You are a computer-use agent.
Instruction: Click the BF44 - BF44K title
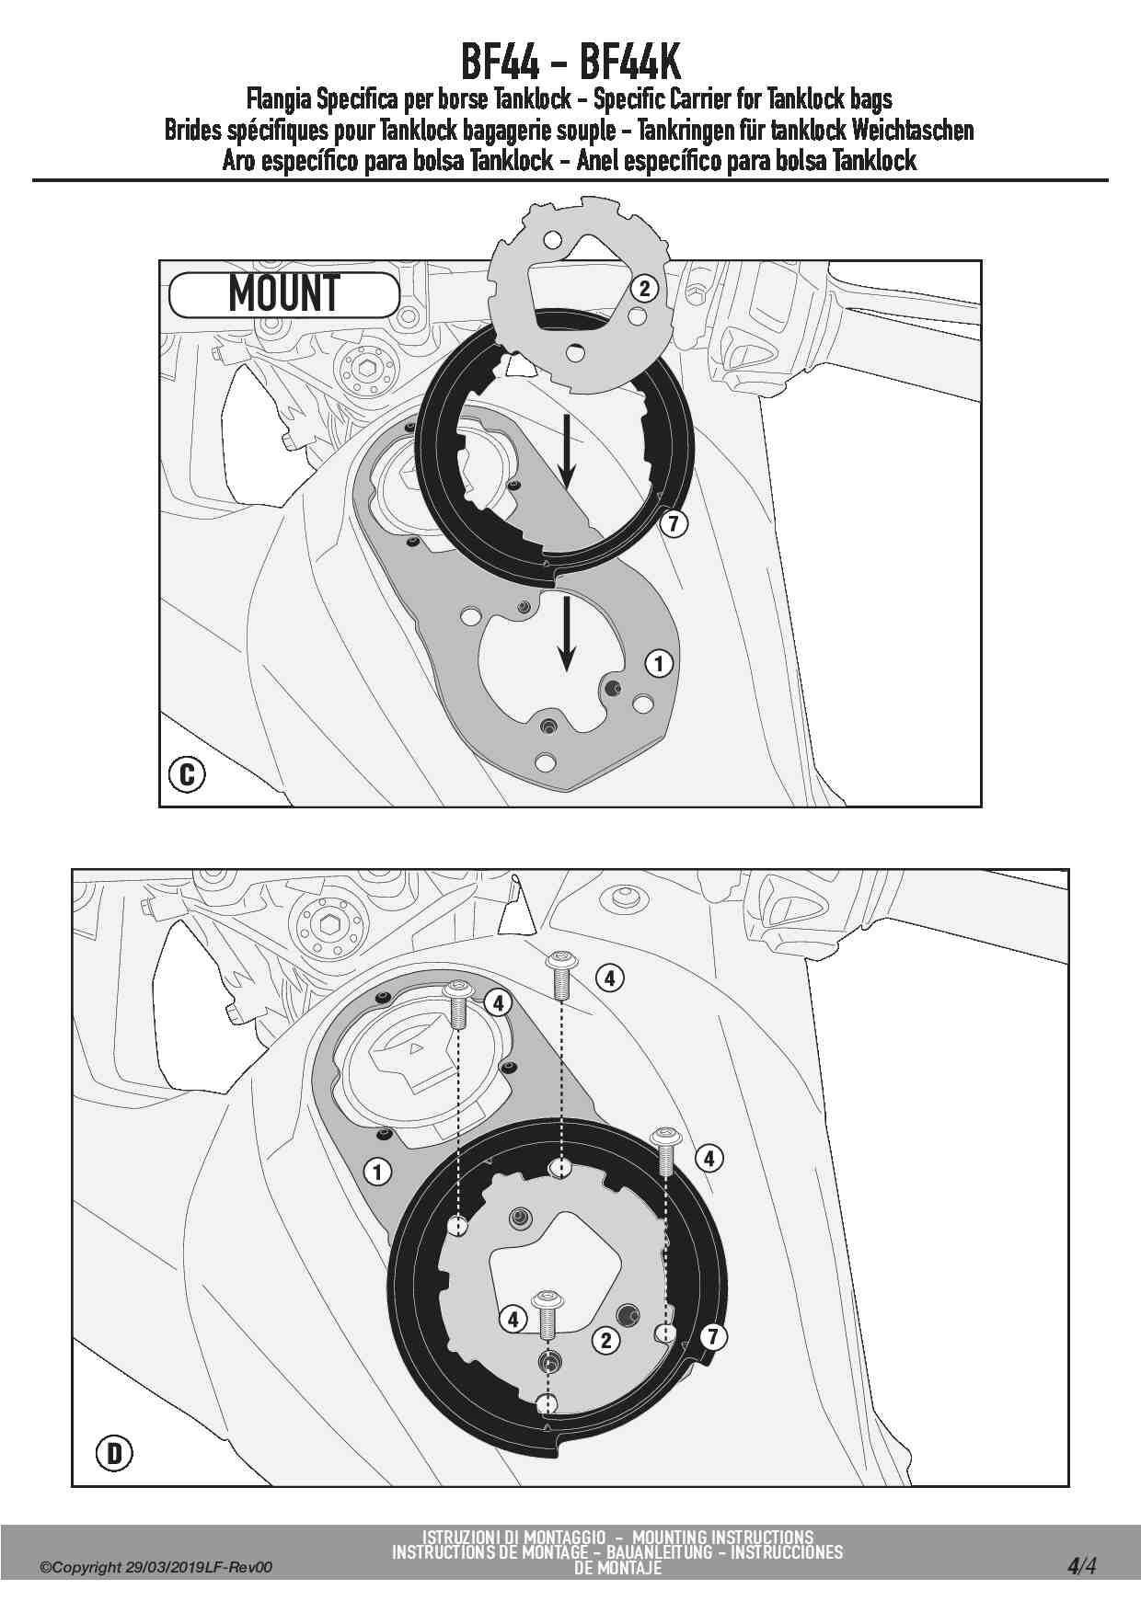[x=570, y=63]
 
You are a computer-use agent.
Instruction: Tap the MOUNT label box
[x=284, y=295]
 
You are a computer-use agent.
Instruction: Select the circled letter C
[x=187, y=774]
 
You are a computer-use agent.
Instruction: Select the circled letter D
[x=114, y=1454]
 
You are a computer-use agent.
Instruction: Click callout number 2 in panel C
[x=644, y=289]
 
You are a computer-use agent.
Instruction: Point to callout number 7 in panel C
[x=674, y=524]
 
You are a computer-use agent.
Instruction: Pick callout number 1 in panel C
[x=658, y=663]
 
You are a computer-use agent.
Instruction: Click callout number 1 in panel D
[x=377, y=1172]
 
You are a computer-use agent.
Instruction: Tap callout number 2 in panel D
[x=605, y=1340]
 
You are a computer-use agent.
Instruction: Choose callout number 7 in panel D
[x=713, y=1336]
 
